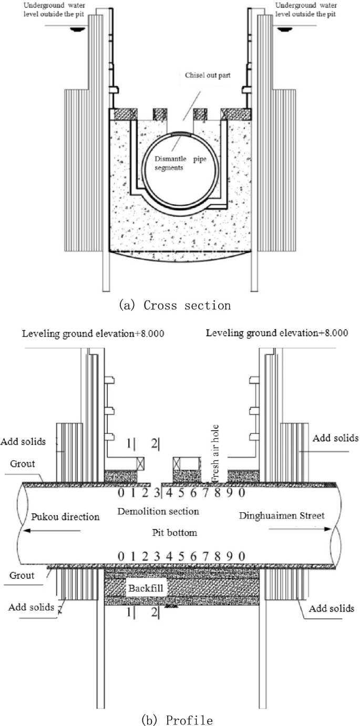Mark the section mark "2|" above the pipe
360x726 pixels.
pos(155,444)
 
